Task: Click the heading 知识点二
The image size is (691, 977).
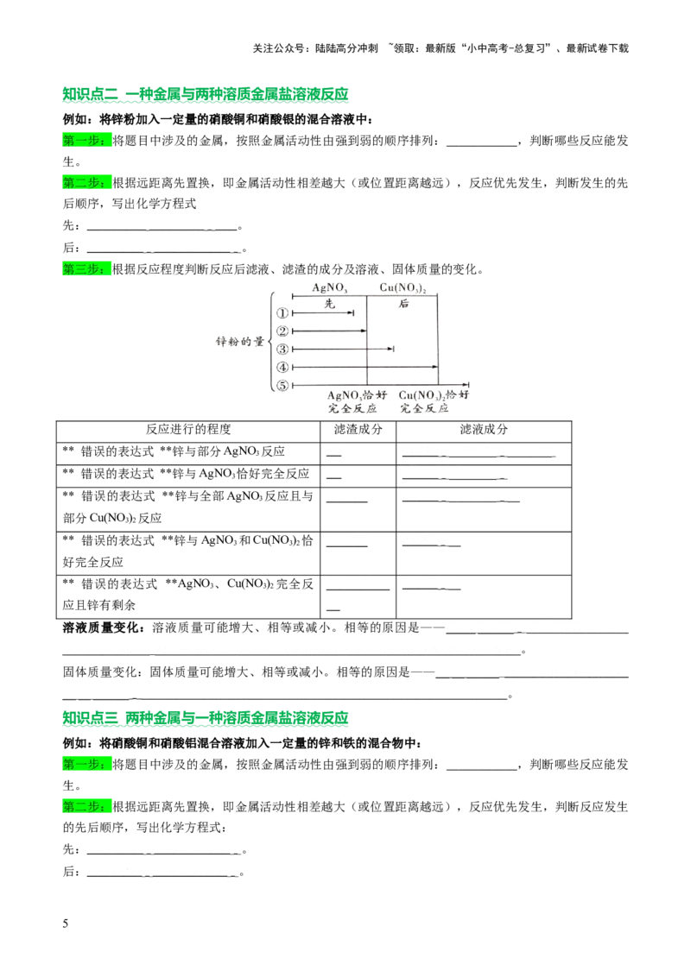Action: [x=91, y=94]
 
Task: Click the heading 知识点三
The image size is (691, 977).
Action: [x=91, y=718]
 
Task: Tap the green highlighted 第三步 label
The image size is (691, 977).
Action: [x=86, y=269]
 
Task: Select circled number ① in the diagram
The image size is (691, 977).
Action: [x=282, y=312]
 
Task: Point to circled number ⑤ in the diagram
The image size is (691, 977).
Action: [x=282, y=385]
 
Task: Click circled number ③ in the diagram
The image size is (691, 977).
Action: [x=282, y=349]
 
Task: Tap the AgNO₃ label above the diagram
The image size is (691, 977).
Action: [x=330, y=288]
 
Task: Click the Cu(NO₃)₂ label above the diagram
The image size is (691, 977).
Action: [x=403, y=288]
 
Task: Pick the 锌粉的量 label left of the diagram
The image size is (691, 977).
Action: [x=240, y=342]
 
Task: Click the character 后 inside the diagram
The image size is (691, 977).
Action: [x=403, y=304]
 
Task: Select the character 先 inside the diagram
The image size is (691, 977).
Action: [x=330, y=304]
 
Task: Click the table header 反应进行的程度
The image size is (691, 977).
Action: [x=188, y=429]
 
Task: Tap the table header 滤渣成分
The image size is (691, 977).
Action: [x=358, y=429]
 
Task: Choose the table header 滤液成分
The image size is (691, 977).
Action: [x=484, y=429]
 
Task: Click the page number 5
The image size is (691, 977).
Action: [x=66, y=923]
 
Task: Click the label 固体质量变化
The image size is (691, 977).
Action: [x=102, y=671]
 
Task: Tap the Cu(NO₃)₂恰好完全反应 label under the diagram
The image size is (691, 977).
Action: [x=434, y=402]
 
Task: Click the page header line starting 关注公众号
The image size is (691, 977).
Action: [x=441, y=48]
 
